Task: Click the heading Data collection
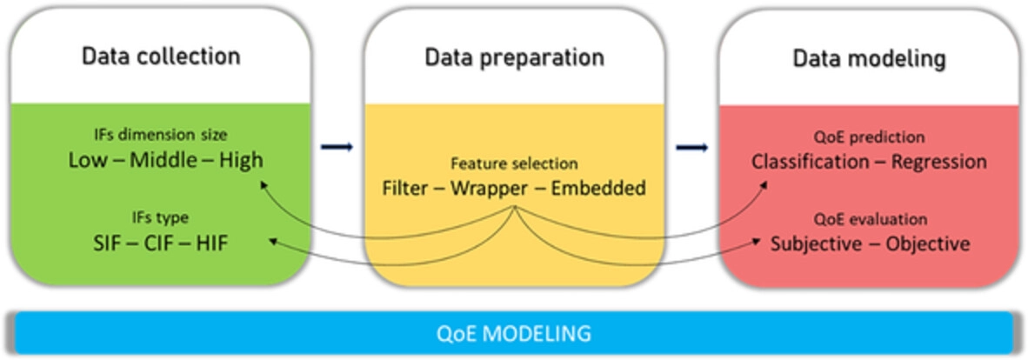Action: click(161, 57)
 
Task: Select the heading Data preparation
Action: click(514, 57)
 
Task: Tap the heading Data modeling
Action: click(870, 59)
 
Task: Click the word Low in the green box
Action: click(89, 160)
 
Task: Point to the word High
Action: click(242, 161)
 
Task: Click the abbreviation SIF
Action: click(107, 244)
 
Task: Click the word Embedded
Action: click(597, 189)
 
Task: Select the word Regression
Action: click(938, 162)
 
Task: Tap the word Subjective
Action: click(817, 244)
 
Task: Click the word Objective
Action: click(928, 244)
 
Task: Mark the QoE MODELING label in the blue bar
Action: click(513, 333)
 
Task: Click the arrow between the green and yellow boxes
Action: click(337, 147)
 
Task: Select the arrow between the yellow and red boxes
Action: click(692, 148)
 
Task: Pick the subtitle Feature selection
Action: click(513, 163)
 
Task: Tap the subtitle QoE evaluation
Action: click(870, 218)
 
